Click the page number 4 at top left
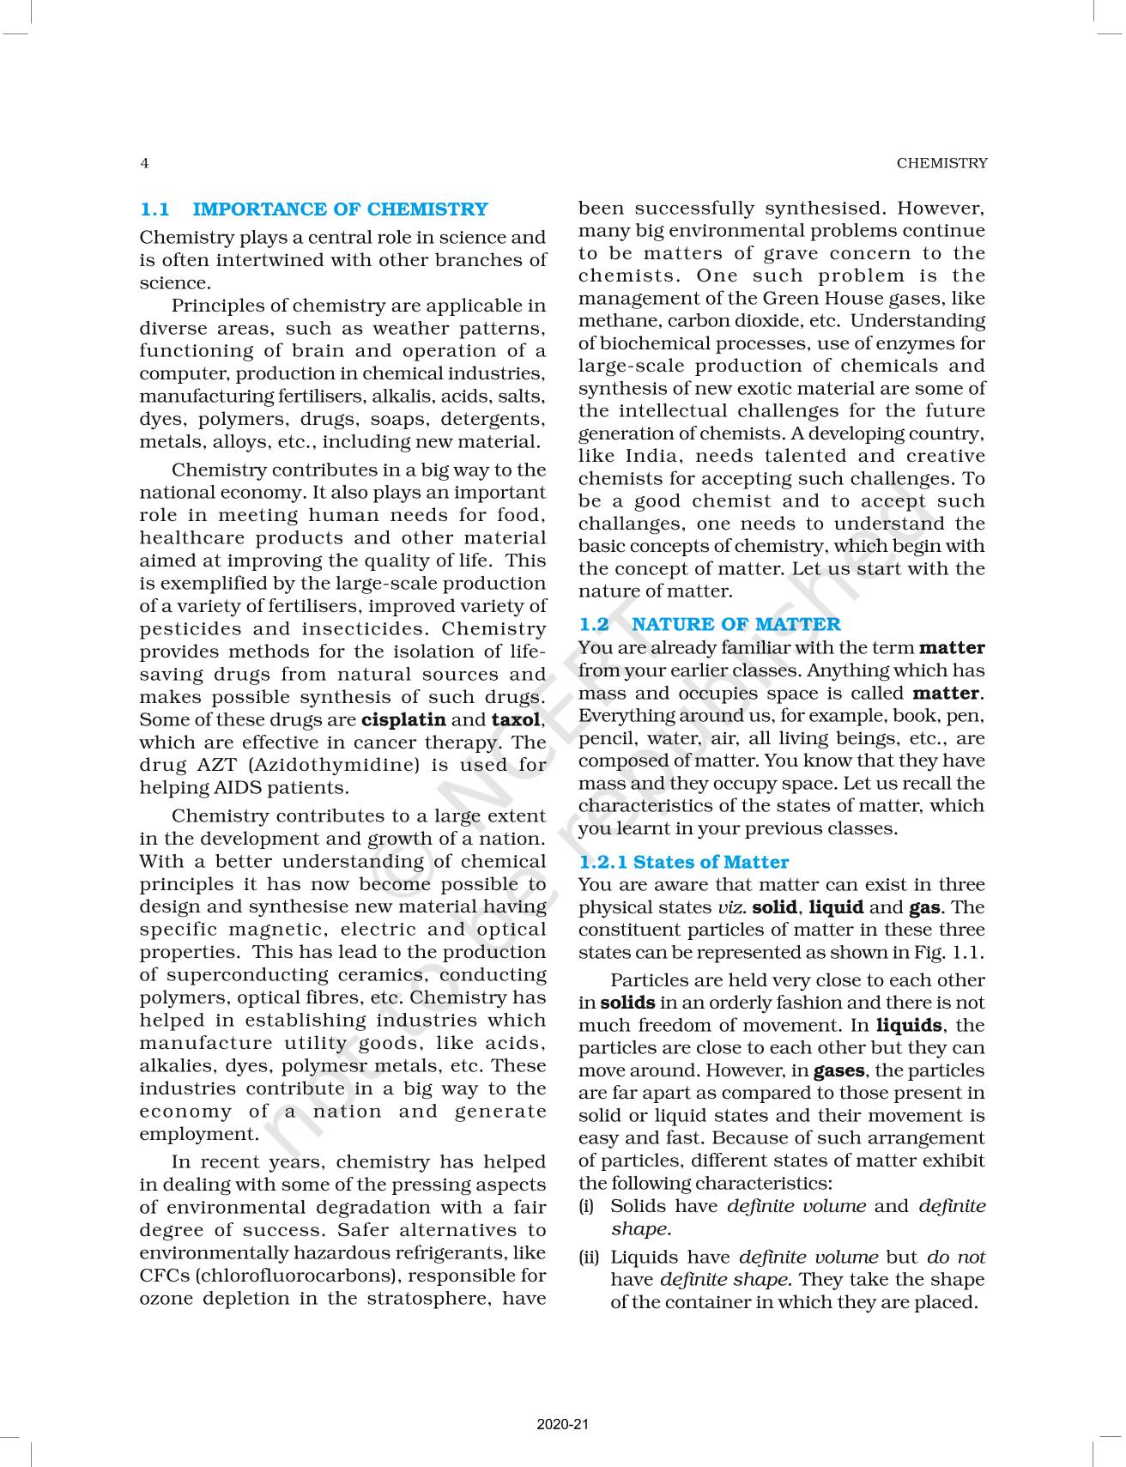(144, 163)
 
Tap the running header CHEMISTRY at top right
(941, 163)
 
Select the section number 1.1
(155, 209)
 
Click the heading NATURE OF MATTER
(736, 624)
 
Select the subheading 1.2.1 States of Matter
(683, 862)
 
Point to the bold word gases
(838, 1070)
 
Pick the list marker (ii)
(589, 1258)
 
